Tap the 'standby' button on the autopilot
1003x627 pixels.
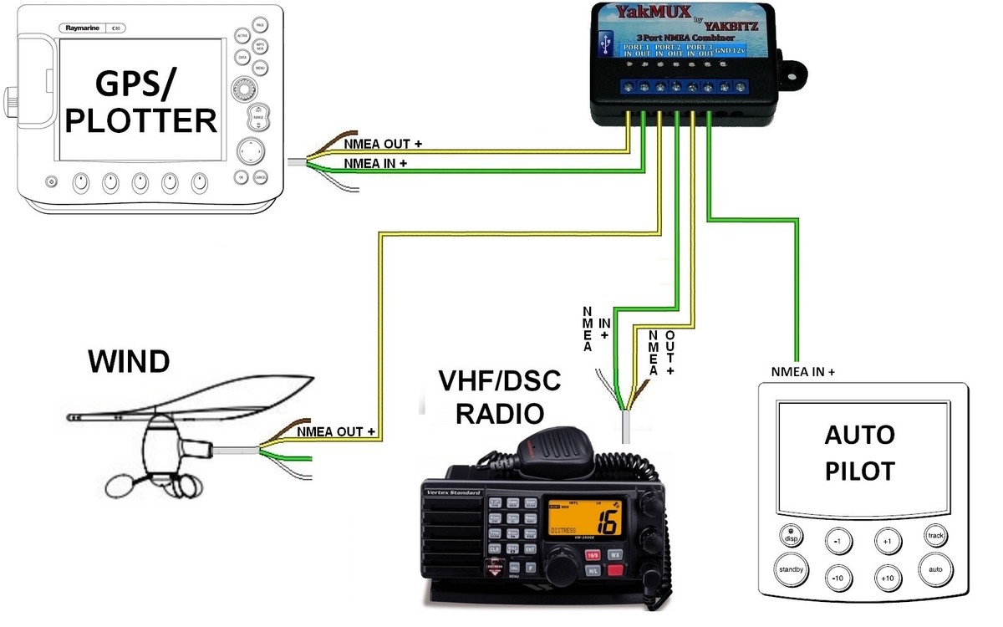pos(791,569)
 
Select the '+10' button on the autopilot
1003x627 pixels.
pos(888,578)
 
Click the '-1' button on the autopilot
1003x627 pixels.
pos(838,541)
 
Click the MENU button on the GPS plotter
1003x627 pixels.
pos(260,66)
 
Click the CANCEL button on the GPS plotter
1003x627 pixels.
pos(260,177)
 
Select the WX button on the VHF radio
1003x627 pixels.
pos(614,553)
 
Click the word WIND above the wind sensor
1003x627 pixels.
pos(129,361)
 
